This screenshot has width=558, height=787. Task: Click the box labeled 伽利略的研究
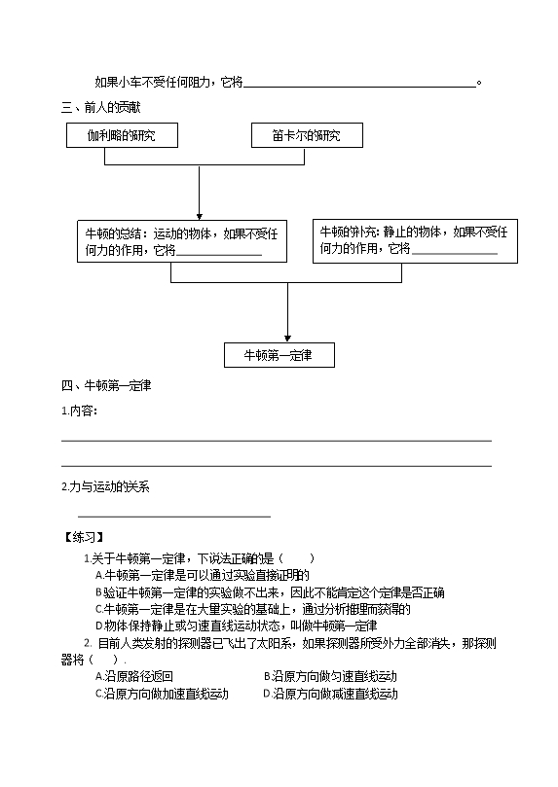(x=122, y=135)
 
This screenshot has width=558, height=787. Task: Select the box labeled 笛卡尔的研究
(x=307, y=135)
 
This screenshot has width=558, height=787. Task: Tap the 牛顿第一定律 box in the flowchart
(x=279, y=355)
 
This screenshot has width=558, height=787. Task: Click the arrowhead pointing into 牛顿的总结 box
(x=200, y=217)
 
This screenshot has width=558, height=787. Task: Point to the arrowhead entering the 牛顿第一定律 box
(x=288, y=340)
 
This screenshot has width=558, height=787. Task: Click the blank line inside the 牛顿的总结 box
(x=219, y=255)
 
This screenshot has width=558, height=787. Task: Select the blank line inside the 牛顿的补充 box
(x=455, y=254)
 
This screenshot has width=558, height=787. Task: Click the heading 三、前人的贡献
(x=101, y=107)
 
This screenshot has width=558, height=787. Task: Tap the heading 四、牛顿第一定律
(x=106, y=385)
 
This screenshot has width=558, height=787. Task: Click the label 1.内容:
(x=79, y=411)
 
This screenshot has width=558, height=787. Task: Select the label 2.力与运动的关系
(x=105, y=486)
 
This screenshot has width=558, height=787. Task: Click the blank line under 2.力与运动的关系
(x=174, y=516)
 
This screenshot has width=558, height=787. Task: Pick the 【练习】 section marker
(x=84, y=537)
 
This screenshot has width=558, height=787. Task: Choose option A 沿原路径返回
(x=134, y=676)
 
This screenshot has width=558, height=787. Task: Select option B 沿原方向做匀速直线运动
(x=330, y=676)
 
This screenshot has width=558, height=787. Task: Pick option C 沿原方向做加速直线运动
(x=163, y=695)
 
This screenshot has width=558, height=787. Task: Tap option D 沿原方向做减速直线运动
(x=330, y=695)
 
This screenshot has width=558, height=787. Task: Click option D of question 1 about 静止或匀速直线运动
(x=236, y=626)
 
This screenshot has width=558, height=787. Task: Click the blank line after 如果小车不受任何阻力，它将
(x=359, y=87)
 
